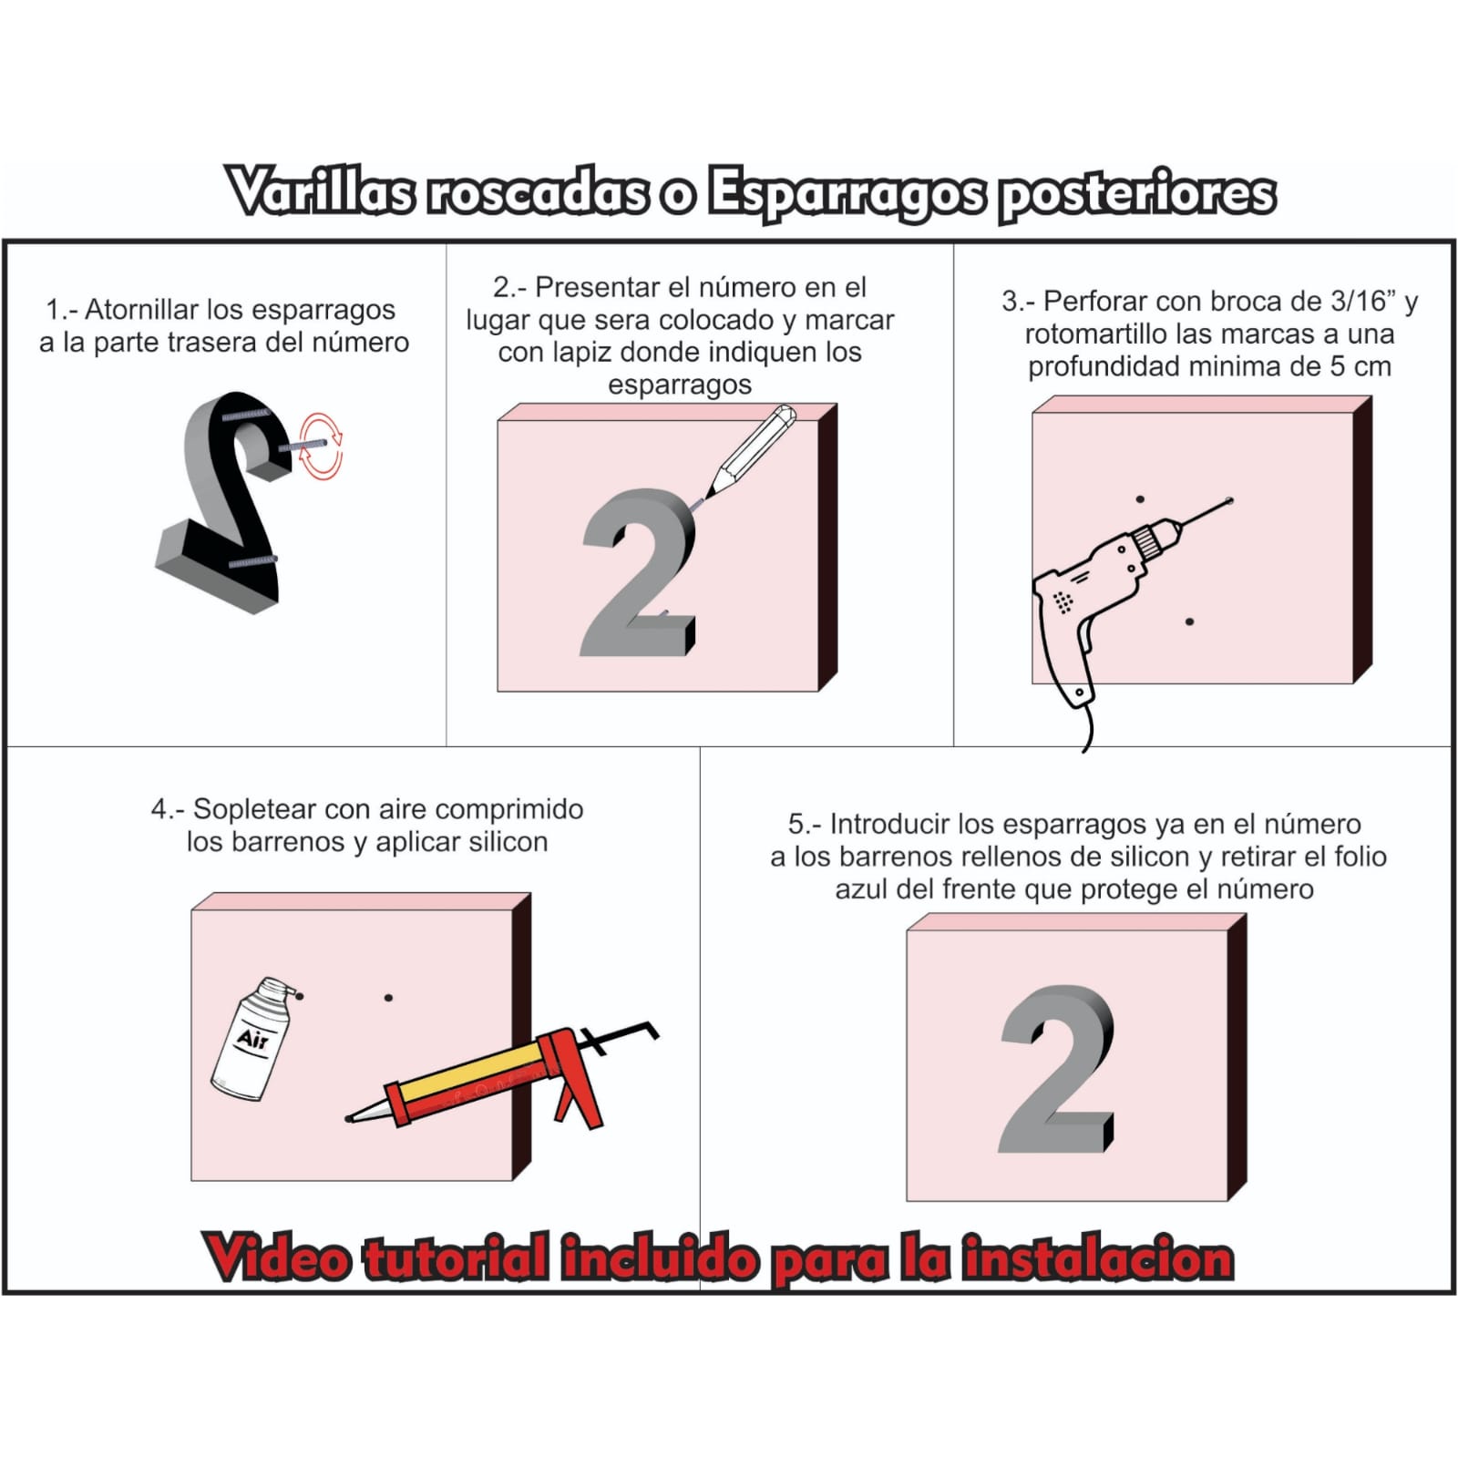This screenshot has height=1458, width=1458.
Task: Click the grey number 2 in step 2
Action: click(637, 573)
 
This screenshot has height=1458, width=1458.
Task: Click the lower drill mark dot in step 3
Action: click(1189, 621)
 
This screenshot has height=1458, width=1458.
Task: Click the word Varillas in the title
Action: click(321, 192)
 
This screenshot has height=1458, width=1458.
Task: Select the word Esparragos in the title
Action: click(847, 194)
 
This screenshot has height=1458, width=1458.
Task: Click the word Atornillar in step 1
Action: click(141, 310)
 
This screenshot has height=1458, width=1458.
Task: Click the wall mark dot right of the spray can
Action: click(388, 998)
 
